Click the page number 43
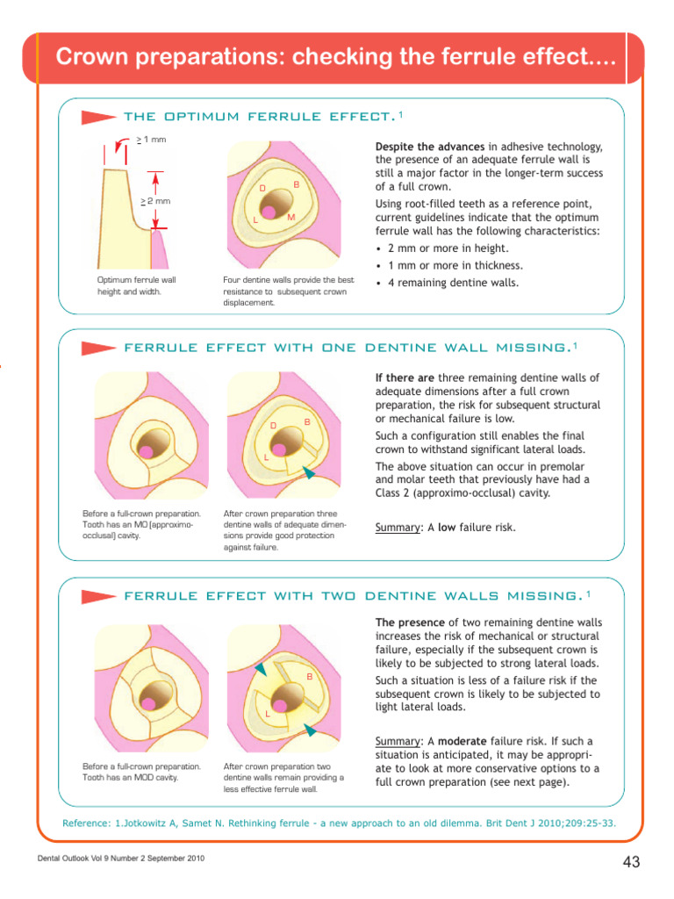coord(630,863)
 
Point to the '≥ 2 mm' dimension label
coord(155,201)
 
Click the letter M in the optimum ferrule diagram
coord(290,217)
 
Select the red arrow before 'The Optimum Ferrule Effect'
coord(98,117)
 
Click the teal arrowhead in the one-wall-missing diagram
coord(308,473)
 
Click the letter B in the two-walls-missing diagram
coord(309,676)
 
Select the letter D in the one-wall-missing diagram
coord(273,426)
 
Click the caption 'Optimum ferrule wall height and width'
coord(136,285)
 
